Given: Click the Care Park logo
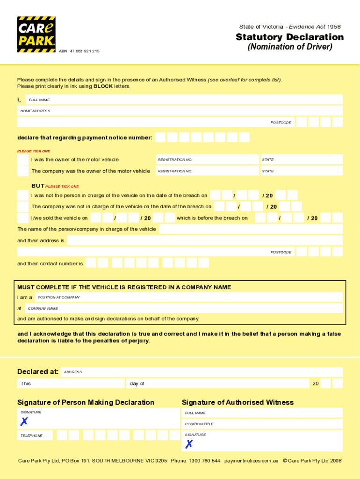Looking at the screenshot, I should pos(36,34).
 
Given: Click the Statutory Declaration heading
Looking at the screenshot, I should pos(289,37).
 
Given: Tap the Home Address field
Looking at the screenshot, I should pos(180,111).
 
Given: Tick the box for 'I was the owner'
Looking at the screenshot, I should pos(22,160).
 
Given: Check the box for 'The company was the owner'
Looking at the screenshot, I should pos(22,171).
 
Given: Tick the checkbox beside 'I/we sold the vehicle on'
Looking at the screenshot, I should pos(22,218).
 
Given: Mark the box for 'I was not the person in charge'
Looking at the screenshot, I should pos(22,195).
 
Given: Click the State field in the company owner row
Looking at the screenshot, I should pos(301,171).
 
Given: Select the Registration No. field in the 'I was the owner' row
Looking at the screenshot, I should pos(207,160).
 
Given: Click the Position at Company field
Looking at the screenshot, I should pos(189,297).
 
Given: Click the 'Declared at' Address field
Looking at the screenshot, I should pos(202,372).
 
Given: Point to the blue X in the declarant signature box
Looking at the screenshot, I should pos(24,422).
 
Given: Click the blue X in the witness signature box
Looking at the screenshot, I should pos(189,444).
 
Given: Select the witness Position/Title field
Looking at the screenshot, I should pos(262,424).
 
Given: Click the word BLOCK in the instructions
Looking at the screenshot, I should pos(103,87).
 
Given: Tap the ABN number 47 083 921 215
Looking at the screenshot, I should pos(84,51).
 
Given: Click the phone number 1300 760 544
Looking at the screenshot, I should pos(204,461).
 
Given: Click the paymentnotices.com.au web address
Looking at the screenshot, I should pos(252,461).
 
